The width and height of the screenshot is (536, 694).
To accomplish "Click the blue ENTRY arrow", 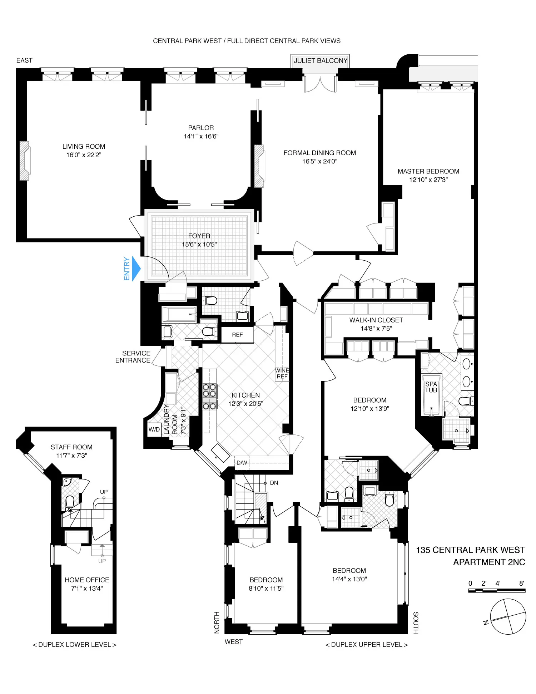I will (136, 269).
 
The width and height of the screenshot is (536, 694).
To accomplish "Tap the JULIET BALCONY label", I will (320, 61).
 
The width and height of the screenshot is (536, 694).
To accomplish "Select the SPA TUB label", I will (431, 387).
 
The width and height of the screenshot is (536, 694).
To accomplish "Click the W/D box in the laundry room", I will (154, 429).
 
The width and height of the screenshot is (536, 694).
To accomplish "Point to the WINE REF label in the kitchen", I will (282, 373).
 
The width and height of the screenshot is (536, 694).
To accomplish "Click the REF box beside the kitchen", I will (237, 335).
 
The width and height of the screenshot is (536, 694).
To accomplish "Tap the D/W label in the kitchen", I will (242, 463).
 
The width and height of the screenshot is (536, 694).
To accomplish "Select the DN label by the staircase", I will (274, 483).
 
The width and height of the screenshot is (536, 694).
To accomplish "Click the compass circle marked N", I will (508, 617).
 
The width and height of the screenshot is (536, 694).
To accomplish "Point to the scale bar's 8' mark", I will (522, 583).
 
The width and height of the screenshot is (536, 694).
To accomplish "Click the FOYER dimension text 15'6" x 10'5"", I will (199, 245).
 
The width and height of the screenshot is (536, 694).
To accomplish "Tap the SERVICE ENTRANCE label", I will (133, 357).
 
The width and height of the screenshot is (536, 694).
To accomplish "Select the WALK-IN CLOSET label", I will (376, 320).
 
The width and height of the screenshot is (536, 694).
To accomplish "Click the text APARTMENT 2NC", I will (489, 562).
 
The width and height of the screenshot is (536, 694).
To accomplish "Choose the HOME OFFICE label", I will (87, 580).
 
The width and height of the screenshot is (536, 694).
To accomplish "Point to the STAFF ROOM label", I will (71, 447).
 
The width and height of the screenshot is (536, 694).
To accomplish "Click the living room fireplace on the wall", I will (25, 161).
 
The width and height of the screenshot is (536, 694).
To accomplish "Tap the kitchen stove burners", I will (209, 396).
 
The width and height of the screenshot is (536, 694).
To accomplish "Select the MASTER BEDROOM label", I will (428, 171).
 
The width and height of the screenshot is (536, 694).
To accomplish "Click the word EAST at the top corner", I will (24, 60).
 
